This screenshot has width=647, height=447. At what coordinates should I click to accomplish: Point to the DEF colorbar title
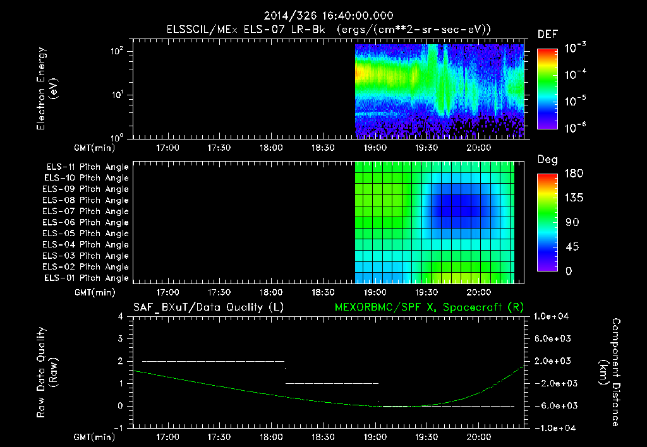point(547,34)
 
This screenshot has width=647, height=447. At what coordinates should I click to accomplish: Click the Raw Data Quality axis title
point(47,372)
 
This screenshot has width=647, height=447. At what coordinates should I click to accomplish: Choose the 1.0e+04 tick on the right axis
point(553,316)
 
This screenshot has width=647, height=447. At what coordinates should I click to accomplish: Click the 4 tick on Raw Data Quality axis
point(121,316)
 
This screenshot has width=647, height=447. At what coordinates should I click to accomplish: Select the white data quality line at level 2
point(213,361)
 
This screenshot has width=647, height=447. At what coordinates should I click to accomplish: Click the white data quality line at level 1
point(332,383)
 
